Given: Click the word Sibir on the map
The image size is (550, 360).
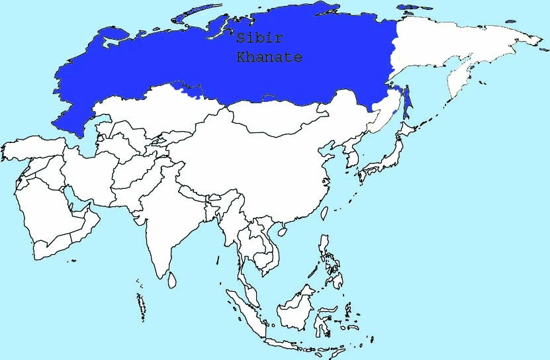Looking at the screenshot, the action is [x=255, y=40].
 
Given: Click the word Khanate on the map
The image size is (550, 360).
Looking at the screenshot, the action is [x=269, y=58].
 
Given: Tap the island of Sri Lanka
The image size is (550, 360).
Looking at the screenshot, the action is [x=172, y=281].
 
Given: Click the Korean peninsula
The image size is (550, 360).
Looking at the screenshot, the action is [x=348, y=161].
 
